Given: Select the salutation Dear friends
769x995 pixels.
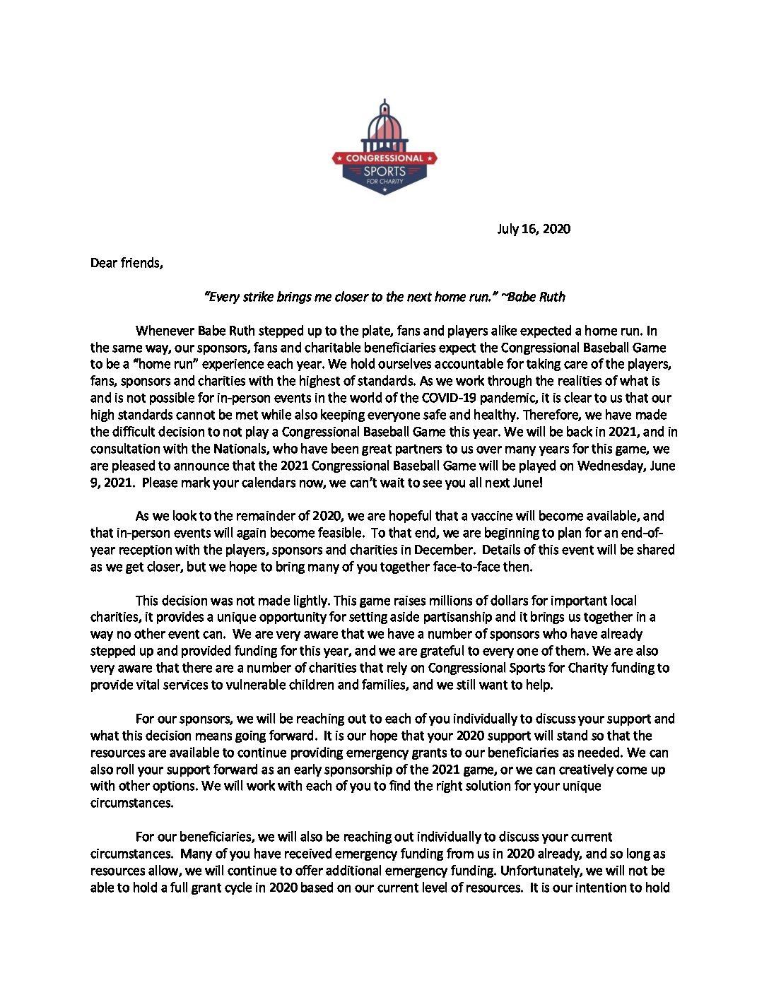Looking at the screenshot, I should pos(127,263).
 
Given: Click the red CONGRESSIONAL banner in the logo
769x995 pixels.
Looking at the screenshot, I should pos(384,158).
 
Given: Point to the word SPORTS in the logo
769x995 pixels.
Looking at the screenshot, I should pos(384,171).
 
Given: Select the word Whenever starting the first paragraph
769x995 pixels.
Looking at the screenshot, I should pos(165,331).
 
